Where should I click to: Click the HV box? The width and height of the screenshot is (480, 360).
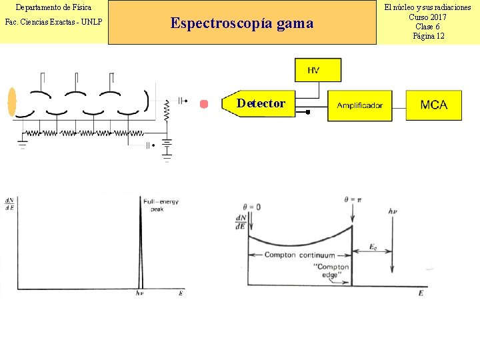pyautogui.click(x=318, y=70)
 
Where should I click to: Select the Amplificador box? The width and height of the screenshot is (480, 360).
pyautogui.click(x=359, y=105)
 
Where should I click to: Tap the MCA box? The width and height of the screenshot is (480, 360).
pyautogui.click(x=434, y=105)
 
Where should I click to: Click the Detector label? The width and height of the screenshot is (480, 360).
pyautogui.click(x=261, y=103)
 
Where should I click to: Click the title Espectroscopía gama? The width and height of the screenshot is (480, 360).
pyautogui.click(x=241, y=23)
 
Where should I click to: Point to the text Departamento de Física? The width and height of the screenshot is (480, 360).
pyautogui.click(x=53, y=7)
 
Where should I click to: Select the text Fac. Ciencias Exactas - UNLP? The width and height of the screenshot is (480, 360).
pyautogui.click(x=53, y=23)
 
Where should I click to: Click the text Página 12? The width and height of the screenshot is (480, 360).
pyautogui.click(x=428, y=36)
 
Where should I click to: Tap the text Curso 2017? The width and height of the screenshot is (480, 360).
pyautogui.click(x=428, y=17)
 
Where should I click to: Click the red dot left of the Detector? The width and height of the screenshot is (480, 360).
pyautogui.click(x=204, y=104)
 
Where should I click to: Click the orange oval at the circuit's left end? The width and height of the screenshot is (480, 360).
pyautogui.click(x=11, y=102)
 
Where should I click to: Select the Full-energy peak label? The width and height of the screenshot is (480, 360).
pyautogui.click(x=161, y=205)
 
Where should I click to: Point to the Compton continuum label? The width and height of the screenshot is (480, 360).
pyautogui.click(x=299, y=255)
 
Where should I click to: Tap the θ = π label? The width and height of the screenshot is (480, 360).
pyautogui.click(x=352, y=199)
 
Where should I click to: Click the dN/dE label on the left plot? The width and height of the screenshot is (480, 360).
pyautogui.click(x=10, y=204)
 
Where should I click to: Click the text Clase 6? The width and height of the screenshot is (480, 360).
pyautogui.click(x=428, y=27)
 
